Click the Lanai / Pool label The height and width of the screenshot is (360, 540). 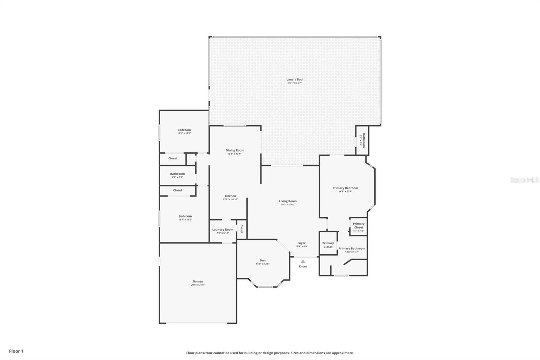click(295, 80)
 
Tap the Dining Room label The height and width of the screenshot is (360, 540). click(235, 151)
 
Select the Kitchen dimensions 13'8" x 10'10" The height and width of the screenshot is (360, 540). click(231, 200)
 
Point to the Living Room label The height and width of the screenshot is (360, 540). click(288, 201)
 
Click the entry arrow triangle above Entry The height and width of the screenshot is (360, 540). click(303, 261)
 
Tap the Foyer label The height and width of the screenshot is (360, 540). click(301, 243)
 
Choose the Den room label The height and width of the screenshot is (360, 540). click(263, 260)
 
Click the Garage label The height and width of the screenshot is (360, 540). click(198, 281)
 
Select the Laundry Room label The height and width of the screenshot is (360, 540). click(223, 230)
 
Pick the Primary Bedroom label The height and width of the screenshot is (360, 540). click(345, 188)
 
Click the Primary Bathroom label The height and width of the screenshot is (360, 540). click(352, 249)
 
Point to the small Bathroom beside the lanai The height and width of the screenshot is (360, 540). click(363, 140)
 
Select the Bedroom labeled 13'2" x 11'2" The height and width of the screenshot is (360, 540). click(184, 130)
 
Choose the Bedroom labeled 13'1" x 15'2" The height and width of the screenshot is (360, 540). click(185, 216)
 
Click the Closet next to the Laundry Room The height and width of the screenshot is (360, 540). click(242, 229)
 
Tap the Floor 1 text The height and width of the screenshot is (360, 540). click(16, 351)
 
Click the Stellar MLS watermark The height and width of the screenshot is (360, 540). click(524, 180)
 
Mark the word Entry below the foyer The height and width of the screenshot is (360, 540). click(303, 266)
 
